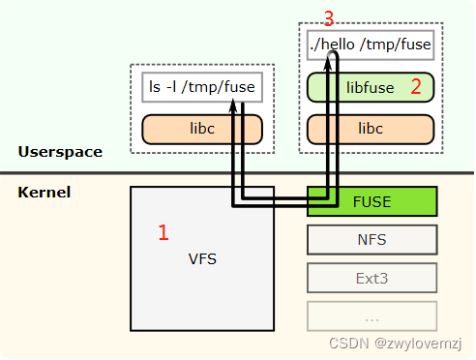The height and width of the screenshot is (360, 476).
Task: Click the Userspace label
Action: [59, 152]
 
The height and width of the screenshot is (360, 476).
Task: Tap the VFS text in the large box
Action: [202, 258]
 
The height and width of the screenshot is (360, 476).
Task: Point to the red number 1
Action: [164, 232]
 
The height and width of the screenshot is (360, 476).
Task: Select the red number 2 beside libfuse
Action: [416, 87]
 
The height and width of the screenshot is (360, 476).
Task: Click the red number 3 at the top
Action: [328, 18]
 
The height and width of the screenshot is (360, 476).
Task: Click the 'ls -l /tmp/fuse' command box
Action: [202, 88]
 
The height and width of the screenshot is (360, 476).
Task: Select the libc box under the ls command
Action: [202, 129]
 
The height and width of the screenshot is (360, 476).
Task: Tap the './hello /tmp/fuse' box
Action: [371, 45]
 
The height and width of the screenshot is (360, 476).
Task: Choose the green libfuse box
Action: [371, 87]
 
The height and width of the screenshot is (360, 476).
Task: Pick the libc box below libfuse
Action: [371, 129]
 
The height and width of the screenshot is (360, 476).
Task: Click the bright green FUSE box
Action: [372, 201]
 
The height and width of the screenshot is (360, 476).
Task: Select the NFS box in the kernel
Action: [372, 238]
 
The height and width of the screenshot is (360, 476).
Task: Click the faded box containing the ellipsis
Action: [372, 315]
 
